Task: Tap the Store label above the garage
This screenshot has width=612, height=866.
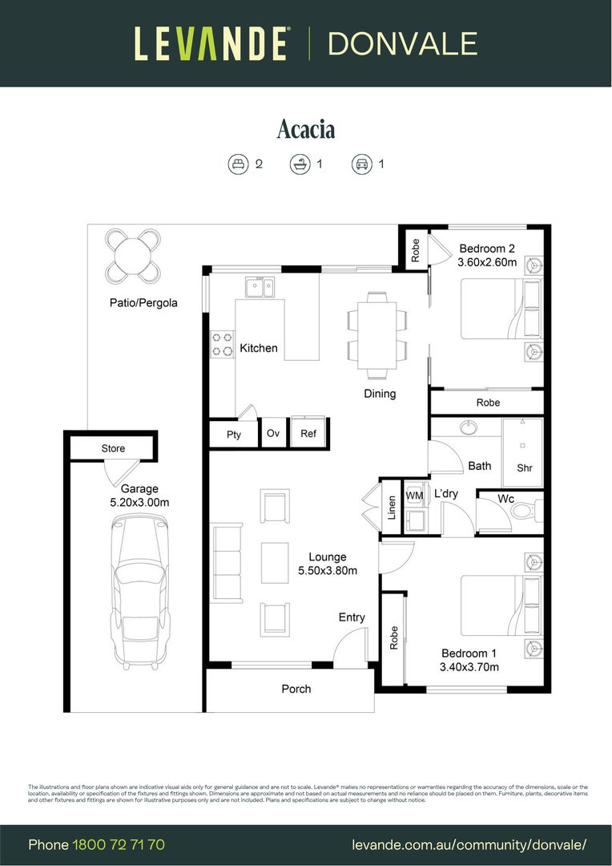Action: [x=113, y=448]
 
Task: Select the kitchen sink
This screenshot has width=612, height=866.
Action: [x=259, y=286]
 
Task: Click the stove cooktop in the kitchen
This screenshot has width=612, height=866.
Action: [x=222, y=344]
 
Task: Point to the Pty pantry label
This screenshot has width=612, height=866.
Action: [x=233, y=435]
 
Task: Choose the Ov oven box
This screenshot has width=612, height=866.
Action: [x=272, y=433]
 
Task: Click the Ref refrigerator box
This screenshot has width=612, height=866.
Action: [x=308, y=433]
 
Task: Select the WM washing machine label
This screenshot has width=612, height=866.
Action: [x=414, y=496]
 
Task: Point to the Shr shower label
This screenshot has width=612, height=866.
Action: [x=525, y=467]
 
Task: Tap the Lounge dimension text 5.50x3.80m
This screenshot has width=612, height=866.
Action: [x=328, y=570]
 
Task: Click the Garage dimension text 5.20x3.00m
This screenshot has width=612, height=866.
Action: [x=139, y=502]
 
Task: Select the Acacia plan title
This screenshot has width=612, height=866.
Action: [x=306, y=129]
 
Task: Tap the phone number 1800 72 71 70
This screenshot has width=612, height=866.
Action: [x=119, y=844]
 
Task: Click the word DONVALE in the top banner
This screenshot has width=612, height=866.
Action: [x=402, y=43]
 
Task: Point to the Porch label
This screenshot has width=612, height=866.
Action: [x=296, y=689]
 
